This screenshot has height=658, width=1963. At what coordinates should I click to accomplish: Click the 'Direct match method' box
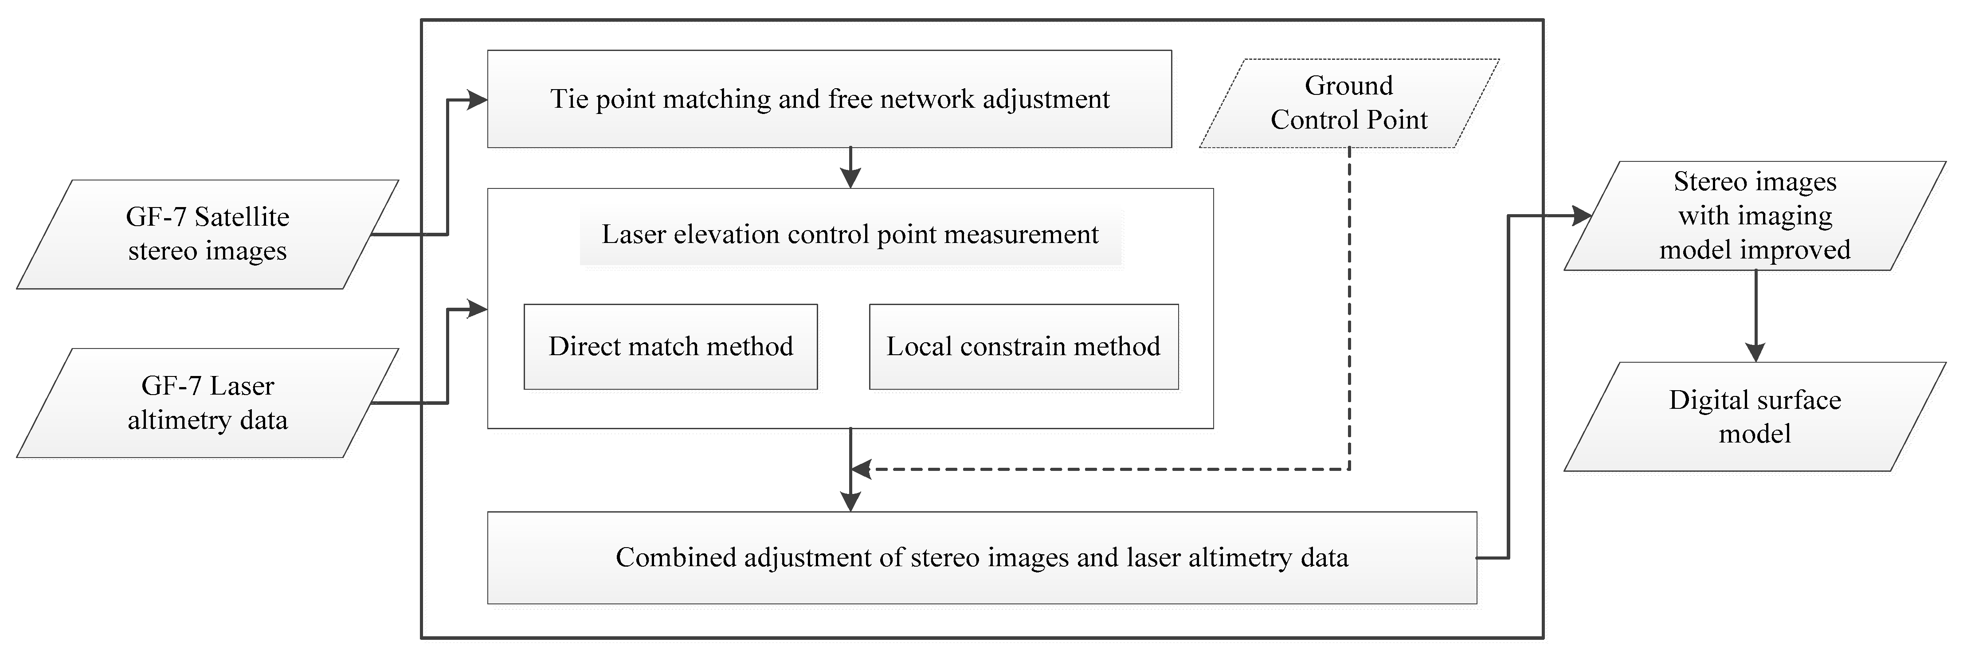click(x=670, y=347)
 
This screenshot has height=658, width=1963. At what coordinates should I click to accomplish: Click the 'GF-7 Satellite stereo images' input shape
click(x=207, y=234)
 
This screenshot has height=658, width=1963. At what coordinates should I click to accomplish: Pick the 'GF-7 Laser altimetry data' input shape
click(x=207, y=403)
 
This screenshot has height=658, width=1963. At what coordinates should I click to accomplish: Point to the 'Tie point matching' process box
click(x=829, y=99)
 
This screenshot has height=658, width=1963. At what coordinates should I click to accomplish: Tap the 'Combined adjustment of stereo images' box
click(x=982, y=557)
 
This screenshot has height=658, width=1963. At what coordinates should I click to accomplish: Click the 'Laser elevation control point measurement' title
click(x=850, y=235)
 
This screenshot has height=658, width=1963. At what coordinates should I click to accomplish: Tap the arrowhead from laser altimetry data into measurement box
click(x=478, y=309)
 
